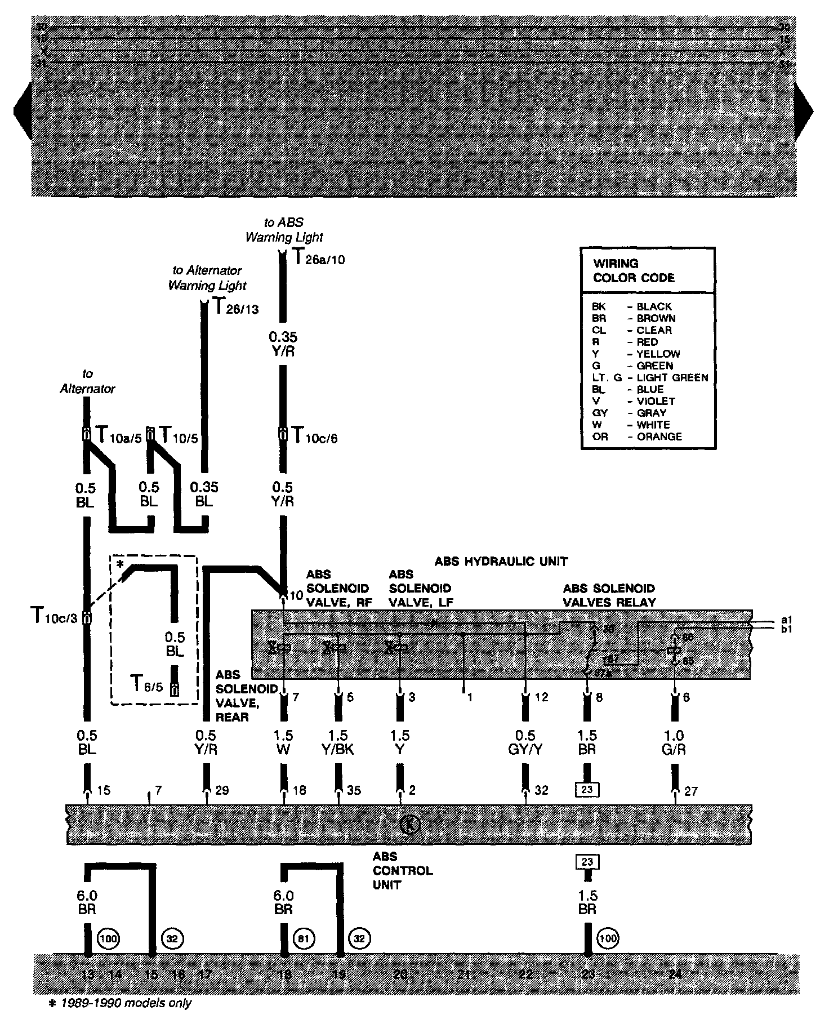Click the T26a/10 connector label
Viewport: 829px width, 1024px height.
(x=319, y=258)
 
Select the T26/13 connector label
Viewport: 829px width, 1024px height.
(x=235, y=307)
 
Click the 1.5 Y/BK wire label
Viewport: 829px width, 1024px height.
(x=338, y=742)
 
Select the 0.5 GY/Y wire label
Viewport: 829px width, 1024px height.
(x=525, y=742)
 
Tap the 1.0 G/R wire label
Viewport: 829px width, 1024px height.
(x=674, y=742)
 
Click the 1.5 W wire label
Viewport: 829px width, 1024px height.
(x=284, y=742)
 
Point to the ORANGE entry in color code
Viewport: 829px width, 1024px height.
(x=659, y=437)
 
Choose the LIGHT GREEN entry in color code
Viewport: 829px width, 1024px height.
(x=672, y=377)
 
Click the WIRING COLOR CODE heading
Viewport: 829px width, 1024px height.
(x=634, y=270)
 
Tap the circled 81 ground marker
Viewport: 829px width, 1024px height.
(x=305, y=938)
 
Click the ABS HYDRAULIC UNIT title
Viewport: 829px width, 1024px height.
(x=501, y=561)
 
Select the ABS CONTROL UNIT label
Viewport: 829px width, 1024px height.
(x=402, y=870)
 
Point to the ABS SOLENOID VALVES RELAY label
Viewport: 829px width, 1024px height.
(x=609, y=595)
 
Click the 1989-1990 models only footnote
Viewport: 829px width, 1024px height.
(x=121, y=1003)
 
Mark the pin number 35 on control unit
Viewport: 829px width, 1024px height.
(x=354, y=790)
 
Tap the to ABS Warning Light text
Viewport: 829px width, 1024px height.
(x=284, y=230)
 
